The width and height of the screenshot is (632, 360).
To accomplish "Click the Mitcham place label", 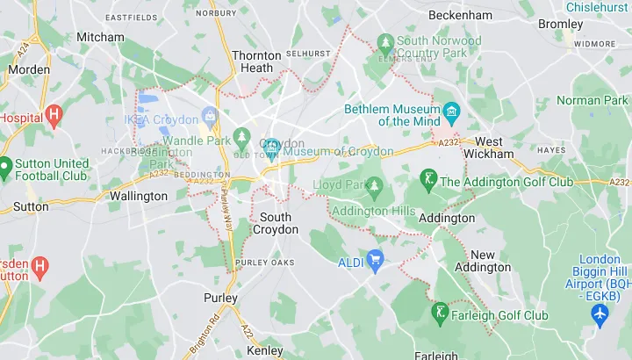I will (100, 37).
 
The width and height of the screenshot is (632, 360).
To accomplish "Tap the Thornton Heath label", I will (256, 61).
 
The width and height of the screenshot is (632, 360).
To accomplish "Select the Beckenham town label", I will (460, 15).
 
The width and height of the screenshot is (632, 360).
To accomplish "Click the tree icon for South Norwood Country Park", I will (385, 41).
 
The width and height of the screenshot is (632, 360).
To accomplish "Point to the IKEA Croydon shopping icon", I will (210, 114).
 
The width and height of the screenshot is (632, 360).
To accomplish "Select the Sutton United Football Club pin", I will (5, 164).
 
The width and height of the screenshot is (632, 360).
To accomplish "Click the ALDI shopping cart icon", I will (376, 259).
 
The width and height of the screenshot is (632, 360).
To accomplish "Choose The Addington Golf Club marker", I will (428, 179).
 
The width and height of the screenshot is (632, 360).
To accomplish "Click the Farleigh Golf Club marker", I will (440, 312).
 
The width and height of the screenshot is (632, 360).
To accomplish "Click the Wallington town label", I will (138, 196).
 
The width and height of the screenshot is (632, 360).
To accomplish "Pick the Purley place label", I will (220, 298).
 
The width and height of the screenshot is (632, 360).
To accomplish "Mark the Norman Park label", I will (592, 100).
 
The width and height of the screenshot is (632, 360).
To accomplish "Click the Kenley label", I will (265, 350).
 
